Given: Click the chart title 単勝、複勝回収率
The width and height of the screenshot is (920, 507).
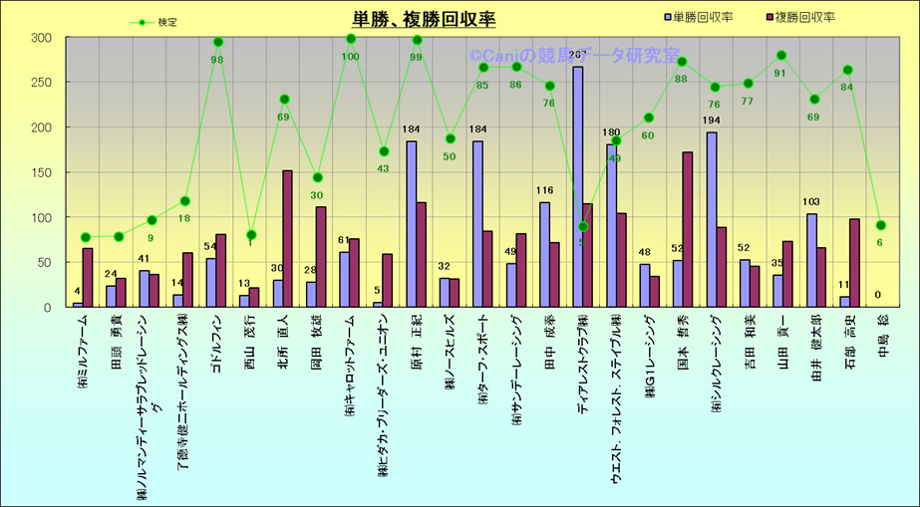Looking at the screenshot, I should (x=424, y=19).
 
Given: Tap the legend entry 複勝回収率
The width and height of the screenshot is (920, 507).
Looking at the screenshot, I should (x=806, y=17).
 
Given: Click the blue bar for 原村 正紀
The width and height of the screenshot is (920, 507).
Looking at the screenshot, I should (x=412, y=224).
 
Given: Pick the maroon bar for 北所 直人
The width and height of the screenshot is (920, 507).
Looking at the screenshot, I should (x=287, y=238).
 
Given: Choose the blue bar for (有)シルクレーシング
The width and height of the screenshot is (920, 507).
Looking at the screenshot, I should (x=712, y=219).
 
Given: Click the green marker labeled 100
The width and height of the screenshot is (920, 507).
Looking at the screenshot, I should (x=351, y=39).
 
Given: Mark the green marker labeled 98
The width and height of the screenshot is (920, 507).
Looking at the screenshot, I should (x=218, y=42).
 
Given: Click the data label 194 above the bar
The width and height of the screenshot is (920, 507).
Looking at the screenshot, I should (x=711, y=122).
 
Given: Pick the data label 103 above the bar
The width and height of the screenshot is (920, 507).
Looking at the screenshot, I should (x=810, y=203).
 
